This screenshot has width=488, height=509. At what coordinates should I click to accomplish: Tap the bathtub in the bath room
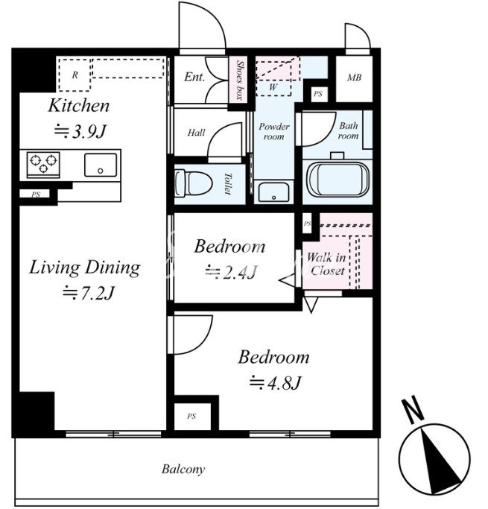(x=338, y=180)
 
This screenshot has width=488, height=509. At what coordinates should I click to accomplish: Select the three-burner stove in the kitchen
(x=43, y=165)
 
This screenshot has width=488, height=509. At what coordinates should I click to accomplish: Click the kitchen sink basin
(x=101, y=165)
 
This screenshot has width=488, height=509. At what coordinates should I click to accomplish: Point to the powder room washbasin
(x=274, y=192)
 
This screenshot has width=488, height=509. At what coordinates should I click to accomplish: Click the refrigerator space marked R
(x=75, y=75)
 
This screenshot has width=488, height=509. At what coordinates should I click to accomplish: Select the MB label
(x=354, y=78)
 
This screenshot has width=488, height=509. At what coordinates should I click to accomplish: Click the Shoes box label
(x=239, y=80)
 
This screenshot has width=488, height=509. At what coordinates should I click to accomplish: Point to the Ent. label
(x=194, y=77)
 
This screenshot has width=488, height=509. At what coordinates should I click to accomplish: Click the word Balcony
(x=183, y=470)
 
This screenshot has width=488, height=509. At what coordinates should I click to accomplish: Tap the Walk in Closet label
(x=326, y=264)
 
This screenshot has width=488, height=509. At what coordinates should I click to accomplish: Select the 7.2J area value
(x=89, y=293)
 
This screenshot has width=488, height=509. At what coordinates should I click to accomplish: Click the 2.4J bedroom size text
(x=232, y=272)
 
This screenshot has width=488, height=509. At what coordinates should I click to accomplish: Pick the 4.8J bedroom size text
(x=276, y=382)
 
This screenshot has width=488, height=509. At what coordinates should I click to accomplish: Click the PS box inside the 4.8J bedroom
(x=191, y=416)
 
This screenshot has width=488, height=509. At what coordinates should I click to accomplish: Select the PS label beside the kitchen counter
(x=36, y=195)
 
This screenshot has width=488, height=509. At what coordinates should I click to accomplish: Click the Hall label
(x=196, y=133)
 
